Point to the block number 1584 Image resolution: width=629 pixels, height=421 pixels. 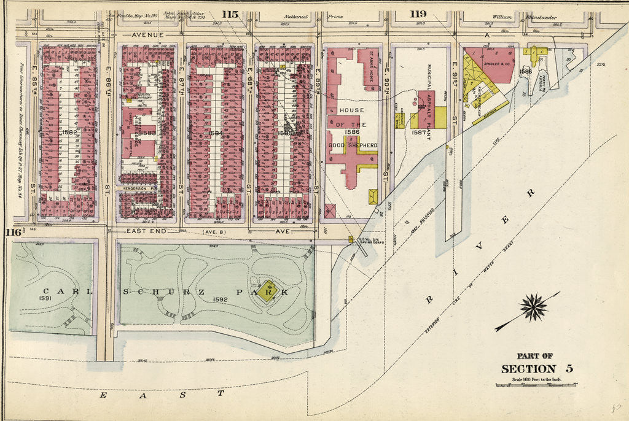pos(216,132)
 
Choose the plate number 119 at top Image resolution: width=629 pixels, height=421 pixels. pos(418,14)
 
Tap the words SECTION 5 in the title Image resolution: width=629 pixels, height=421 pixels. pos(537,369)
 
